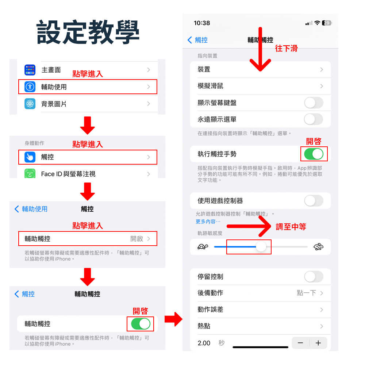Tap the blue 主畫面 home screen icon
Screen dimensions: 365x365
click(x=30, y=70)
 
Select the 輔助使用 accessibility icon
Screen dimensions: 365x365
click(x=30, y=87)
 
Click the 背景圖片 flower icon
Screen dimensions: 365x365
click(x=30, y=104)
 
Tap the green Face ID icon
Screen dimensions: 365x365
click(x=30, y=173)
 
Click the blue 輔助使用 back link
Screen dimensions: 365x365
click(x=31, y=209)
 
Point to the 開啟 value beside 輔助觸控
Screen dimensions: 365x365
click(x=137, y=239)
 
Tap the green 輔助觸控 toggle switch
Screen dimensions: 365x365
click(x=141, y=324)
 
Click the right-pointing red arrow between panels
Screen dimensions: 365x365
click(x=173, y=319)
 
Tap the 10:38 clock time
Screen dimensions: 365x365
click(x=202, y=23)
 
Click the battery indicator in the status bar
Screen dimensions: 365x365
click(x=327, y=23)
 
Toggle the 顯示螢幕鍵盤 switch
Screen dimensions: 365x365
click(x=314, y=103)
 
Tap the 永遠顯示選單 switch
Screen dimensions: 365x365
click(x=314, y=119)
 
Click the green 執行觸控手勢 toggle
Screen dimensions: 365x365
click(x=314, y=154)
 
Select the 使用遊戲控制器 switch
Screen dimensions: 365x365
click(x=314, y=200)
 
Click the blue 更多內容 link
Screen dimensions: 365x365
click(x=208, y=222)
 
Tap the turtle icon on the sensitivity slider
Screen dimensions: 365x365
click(x=203, y=247)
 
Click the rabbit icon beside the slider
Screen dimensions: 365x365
click(x=318, y=247)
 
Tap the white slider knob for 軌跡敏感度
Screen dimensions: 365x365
click(x=261, y=247)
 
